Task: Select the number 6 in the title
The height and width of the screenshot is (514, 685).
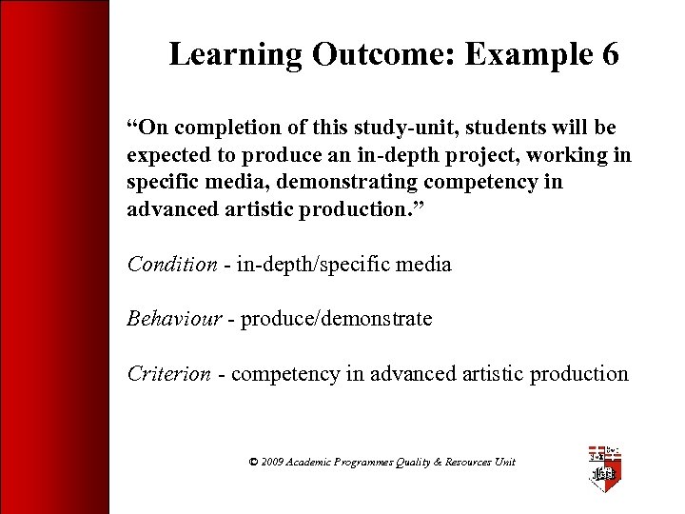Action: pos(610,54)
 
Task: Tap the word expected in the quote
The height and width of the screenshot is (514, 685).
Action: pos(167,155)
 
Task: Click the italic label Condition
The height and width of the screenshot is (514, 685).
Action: pos(172,264)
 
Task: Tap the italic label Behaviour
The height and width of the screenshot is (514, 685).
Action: pos(174,319)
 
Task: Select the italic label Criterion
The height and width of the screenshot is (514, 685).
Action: pos(169,373)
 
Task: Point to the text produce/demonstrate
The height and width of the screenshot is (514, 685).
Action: pos(336,319)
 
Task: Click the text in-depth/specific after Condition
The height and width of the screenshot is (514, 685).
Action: pos(305,264)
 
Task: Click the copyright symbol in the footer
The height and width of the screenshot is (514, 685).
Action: pos(253,462)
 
